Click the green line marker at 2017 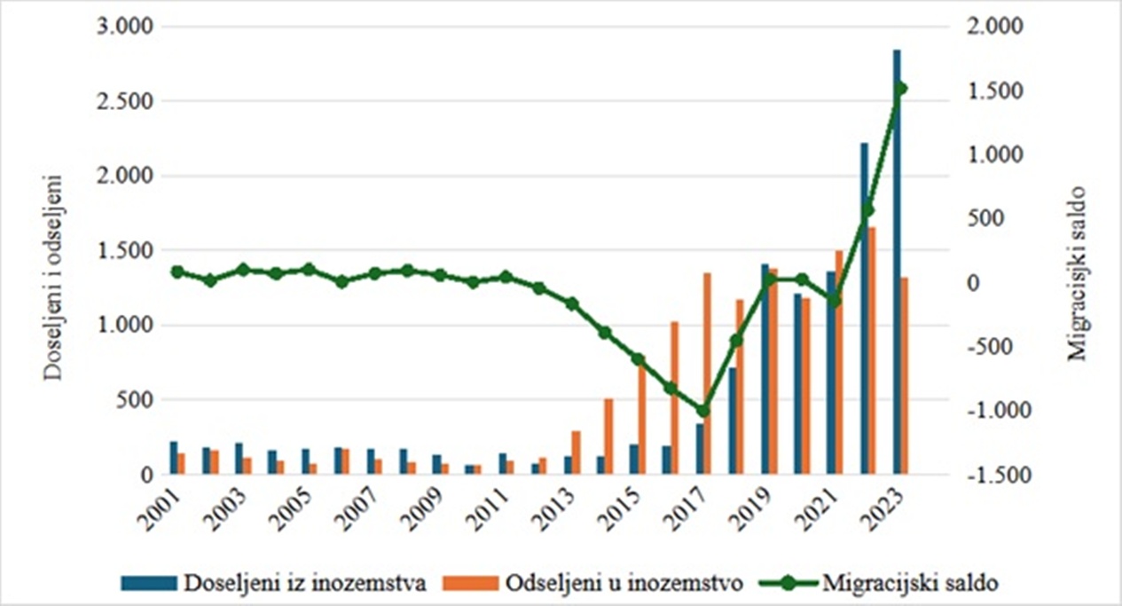(703, 411)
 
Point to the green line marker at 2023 (900, 88)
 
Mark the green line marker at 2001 (177, 272)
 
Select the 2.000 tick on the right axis (986, 28)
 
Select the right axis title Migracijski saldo (1077, 272)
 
